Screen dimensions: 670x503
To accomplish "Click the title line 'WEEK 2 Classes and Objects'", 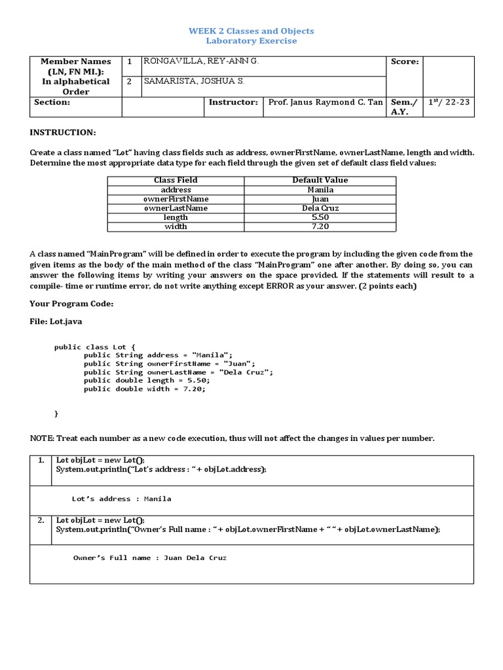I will click(x=251, y=31).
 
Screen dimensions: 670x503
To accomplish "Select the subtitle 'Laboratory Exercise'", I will click(x=251, y=41).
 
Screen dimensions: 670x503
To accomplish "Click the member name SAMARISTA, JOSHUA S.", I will click(x=195, y=82).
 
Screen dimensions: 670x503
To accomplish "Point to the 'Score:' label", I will click(x=405, y=62).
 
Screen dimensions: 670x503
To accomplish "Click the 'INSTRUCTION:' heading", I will click(x=63, y=132).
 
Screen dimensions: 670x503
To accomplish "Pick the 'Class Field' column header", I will click(x=176, y=180).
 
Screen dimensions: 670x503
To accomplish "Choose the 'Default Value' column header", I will click(x=320, y=180).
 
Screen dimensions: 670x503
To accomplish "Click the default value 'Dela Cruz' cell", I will click(x=320, y=208).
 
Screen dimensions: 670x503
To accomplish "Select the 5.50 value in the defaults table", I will click(x=320, y=217).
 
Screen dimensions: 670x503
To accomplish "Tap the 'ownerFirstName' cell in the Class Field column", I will click(x=176, y=199).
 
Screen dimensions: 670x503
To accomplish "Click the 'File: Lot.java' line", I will click(x=56, y=322).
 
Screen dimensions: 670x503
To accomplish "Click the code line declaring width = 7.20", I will click(x=144, y=389).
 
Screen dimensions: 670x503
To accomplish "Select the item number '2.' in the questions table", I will click(x=41, y=521).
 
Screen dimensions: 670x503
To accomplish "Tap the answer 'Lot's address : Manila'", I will click(x=122, y=499).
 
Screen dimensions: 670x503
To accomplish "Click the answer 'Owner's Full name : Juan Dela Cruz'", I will click(x=149, y=558).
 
